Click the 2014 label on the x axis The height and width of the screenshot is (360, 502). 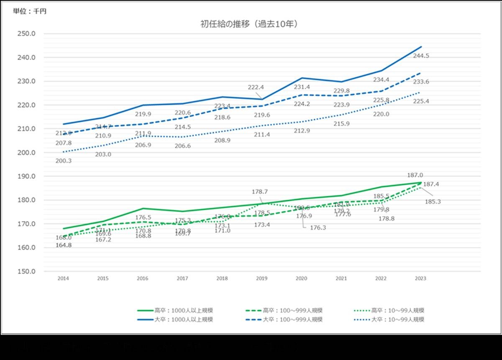(63, 278)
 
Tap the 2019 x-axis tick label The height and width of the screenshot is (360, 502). (261, 278)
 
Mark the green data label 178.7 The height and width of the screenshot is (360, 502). (260, 192)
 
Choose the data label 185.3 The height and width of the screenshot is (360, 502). (432, 201)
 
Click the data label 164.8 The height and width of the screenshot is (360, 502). (64, 245)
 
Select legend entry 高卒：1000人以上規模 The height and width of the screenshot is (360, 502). (176, 310)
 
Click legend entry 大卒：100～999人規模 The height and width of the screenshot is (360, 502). (284, 319)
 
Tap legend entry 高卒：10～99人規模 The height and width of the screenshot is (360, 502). (392, 310)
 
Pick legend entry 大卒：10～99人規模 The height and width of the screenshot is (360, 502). (392, 319)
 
